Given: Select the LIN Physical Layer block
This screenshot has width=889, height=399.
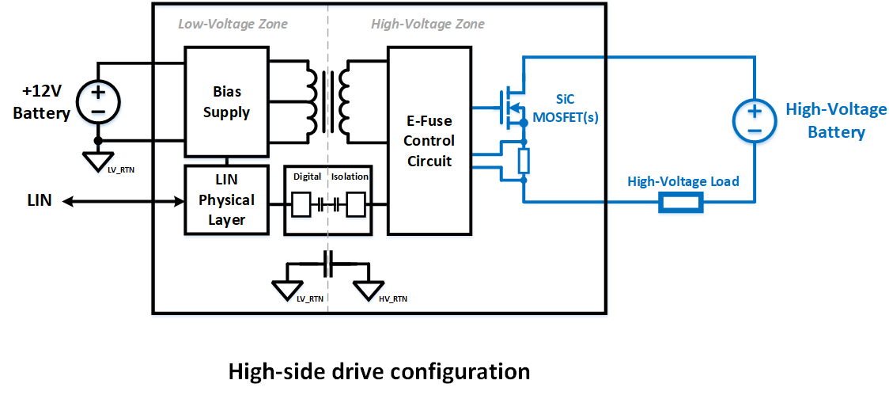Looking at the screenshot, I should coord(226,200).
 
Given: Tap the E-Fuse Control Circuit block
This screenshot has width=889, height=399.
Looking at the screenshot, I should coord(428,140).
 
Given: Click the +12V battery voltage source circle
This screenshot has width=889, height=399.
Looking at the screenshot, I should coord(98,102).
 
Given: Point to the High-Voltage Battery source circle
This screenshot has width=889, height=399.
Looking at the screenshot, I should coord(754,120).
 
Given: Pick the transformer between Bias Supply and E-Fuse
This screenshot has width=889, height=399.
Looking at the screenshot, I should coord(327,102).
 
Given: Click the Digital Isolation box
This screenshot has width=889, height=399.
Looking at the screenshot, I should coord(327,199).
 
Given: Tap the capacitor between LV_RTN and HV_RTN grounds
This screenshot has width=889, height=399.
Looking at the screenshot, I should coord(327,264).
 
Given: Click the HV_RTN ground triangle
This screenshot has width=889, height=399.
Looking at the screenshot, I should coord(369,291).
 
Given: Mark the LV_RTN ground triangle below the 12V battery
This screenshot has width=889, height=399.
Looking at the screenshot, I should coord(98,161).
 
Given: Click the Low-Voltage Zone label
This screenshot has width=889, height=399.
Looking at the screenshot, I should coord(233,25).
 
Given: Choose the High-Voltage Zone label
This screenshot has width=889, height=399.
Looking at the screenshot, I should coord(427,25).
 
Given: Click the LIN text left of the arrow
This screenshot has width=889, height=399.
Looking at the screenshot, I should coord(40,200).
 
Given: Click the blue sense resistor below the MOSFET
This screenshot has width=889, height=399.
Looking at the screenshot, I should coord(523,161).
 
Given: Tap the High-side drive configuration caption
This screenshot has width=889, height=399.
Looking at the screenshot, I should coord(378,371).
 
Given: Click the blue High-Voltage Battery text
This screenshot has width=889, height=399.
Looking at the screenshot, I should coord(835,120).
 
